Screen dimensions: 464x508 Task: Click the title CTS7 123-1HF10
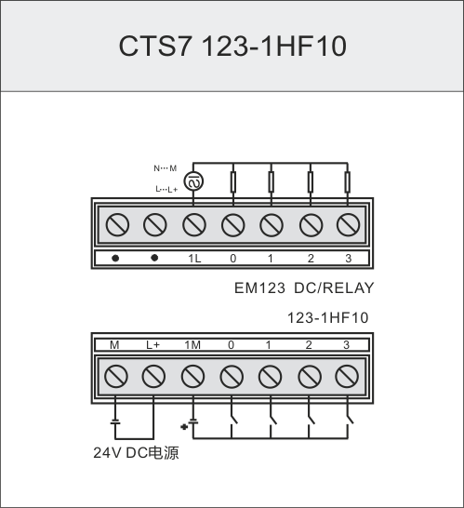(232, 46)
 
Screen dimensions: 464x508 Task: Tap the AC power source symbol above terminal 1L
(193, 181)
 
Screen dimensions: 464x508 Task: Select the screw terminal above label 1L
(194, 225)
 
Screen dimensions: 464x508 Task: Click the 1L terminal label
(194, 259)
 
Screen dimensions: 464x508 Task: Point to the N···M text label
(166, 168)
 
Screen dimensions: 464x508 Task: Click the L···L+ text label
(166, 189)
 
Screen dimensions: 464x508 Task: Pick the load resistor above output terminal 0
(232, 182)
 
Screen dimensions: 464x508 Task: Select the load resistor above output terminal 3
(348, 182)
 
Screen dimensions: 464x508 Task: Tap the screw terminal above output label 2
(311, 225)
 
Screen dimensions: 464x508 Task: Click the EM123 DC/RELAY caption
(304, 288)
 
